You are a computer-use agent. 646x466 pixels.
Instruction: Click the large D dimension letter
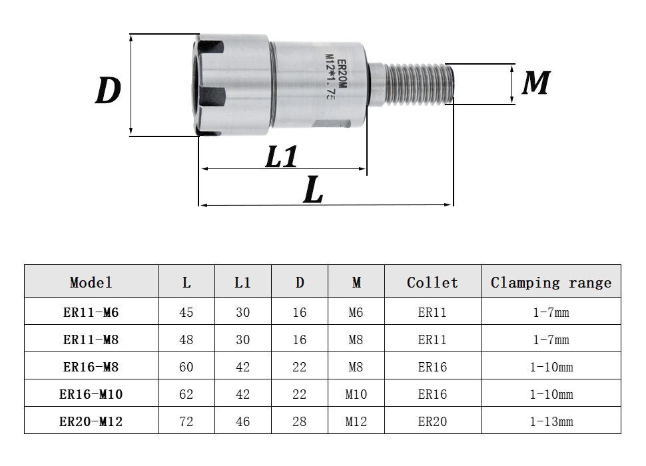108,90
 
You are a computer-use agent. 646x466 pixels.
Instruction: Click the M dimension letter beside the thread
536,83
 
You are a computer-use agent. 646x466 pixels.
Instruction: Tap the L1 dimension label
282,156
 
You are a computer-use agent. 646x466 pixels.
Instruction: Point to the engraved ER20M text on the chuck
342,74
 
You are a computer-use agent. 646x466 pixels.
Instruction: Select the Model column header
91,282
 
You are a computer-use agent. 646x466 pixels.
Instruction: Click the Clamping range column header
551,283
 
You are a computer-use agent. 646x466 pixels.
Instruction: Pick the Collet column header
432,282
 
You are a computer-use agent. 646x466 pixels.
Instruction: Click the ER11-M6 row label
91,312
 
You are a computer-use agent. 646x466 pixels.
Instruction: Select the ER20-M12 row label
91,421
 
